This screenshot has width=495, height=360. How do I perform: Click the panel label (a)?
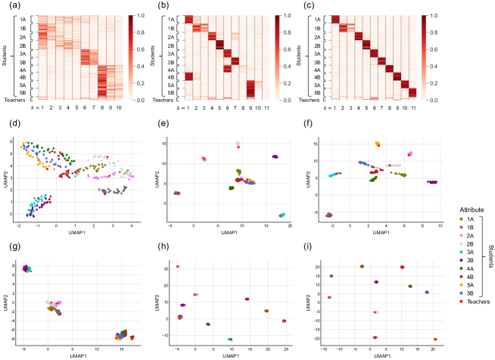[6, 6]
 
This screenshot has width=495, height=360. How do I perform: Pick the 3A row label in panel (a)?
[23, 54]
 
